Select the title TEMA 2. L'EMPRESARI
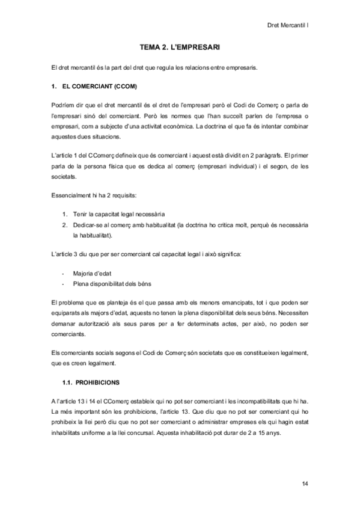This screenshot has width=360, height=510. click(x=180, y=46)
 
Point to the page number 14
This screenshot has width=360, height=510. click(x=305, y=484)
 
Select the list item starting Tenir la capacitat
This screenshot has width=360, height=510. click(x=118, y=214)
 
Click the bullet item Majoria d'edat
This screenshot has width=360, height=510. click(x=92, y=272)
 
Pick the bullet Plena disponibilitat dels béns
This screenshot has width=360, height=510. click(x=114, y=283)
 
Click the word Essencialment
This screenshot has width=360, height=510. click(x=72, y=195)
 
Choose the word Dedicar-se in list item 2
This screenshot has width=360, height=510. click(x=88, y=224)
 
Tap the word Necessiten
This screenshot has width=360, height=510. click(x=291, y=312)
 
